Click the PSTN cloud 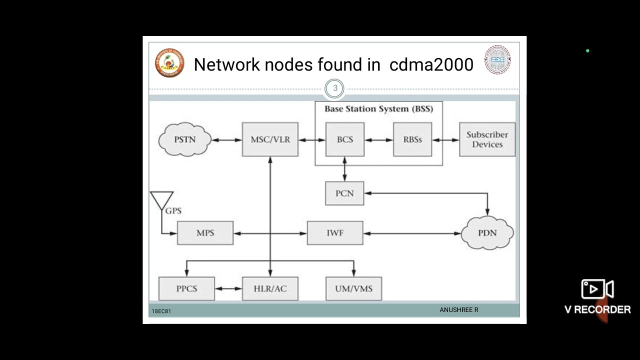[x=184, y=139]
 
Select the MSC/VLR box [x=270, y=139]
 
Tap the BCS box [x=344, y=139]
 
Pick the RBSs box [x=412, y=139]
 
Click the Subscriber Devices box [x=487, y=139]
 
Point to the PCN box [x=344, y=193]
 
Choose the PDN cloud [x=487, y=233]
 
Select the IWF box [x=334, y=233]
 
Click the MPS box [x=205, y=233]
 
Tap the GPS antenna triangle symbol [x=161, y=199]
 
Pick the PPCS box [x=186, y=288]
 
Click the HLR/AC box [x=270, y=288]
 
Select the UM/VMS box [x=353, y=288]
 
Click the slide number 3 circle [x=334, y=88]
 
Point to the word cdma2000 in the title [x=431, y=64]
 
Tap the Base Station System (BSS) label [x=378, y=108]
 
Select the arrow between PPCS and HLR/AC [x=228, y=288]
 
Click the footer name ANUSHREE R [x=458, y=310]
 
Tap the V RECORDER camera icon [x=597, y=289]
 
